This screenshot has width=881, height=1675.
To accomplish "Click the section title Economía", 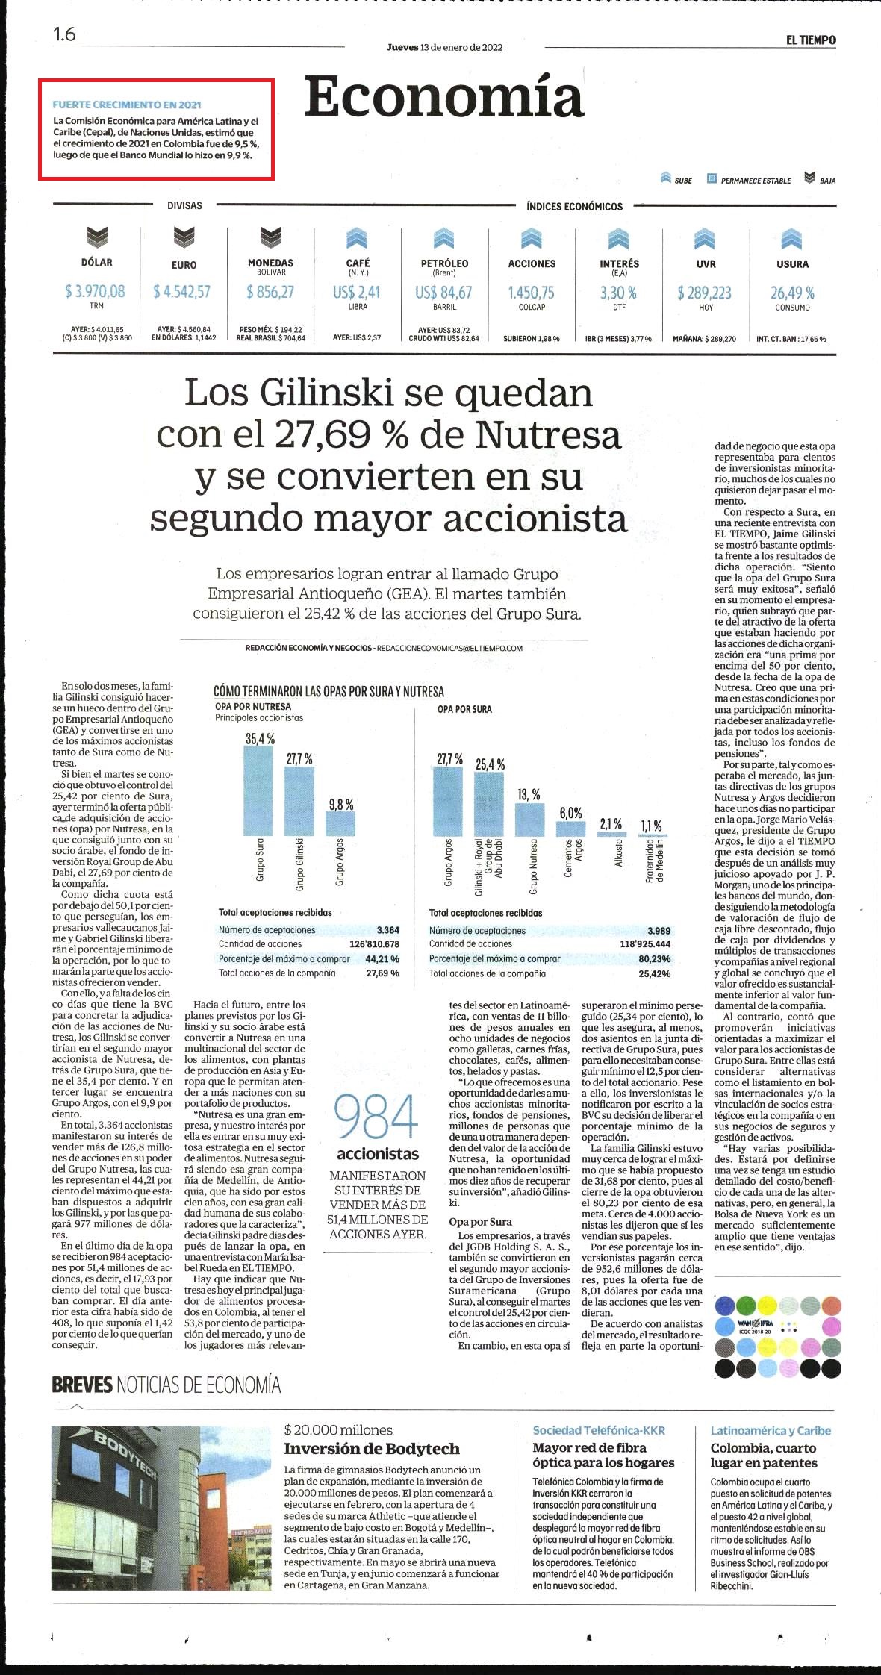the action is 443,98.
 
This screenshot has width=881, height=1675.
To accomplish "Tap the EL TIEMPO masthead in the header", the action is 810,40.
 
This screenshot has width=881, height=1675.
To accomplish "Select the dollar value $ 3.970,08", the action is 95,291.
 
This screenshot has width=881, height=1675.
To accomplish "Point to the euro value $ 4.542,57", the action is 182,291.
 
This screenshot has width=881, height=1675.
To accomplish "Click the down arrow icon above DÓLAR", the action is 97,237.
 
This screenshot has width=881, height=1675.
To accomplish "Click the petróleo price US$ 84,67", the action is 443,292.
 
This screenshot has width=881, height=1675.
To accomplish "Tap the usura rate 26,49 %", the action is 792,293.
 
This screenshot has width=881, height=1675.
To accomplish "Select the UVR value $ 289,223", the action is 704,293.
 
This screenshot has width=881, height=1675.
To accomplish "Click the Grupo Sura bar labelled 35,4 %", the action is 258,790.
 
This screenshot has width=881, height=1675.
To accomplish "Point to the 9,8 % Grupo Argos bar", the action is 340,823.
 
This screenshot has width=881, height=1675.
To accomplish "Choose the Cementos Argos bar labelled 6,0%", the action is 571,828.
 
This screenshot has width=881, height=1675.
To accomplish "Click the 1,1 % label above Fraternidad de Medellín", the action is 651,826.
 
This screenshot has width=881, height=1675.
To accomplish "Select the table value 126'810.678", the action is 374,944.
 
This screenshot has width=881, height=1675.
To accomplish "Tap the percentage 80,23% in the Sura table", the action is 655,958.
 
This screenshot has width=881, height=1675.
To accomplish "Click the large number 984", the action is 376,1117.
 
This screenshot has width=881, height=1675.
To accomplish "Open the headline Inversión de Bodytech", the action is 372,1449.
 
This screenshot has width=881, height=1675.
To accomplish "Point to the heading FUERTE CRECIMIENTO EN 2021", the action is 127,105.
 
